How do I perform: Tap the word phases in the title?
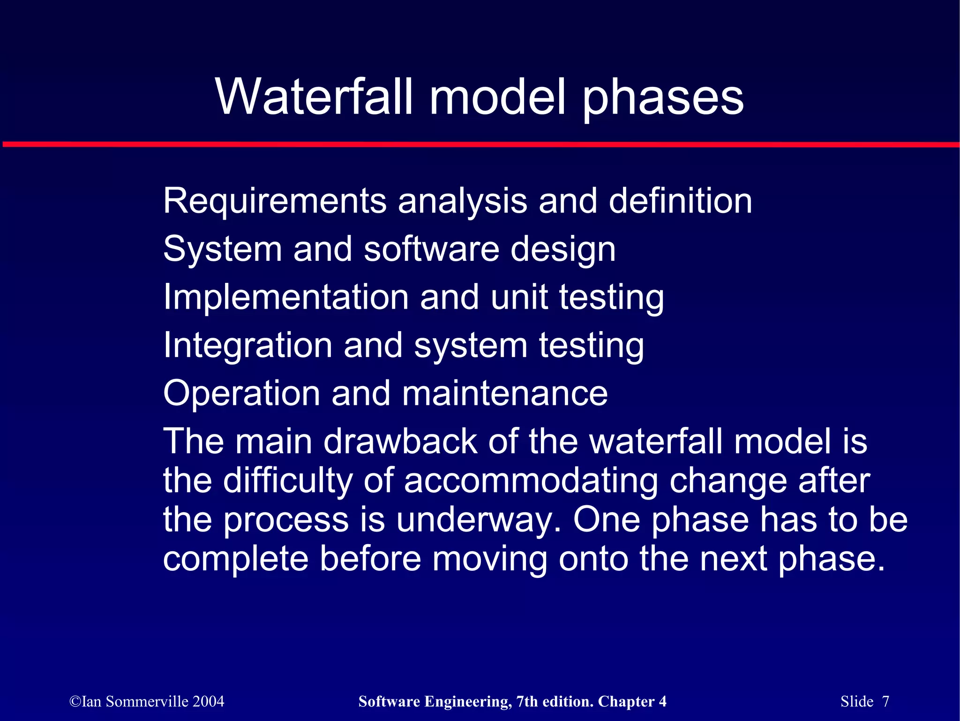click(663, 98)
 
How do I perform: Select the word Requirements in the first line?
click(275, 201)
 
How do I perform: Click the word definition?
click(680, 201)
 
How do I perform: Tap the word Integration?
click(247, 345)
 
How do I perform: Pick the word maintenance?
click(505, 393)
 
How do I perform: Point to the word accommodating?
click(531, 480)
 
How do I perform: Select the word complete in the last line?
click(236, 559)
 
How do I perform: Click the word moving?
click(490, 559)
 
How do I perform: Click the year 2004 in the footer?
click(208, 701)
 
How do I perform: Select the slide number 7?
click(885, 701)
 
